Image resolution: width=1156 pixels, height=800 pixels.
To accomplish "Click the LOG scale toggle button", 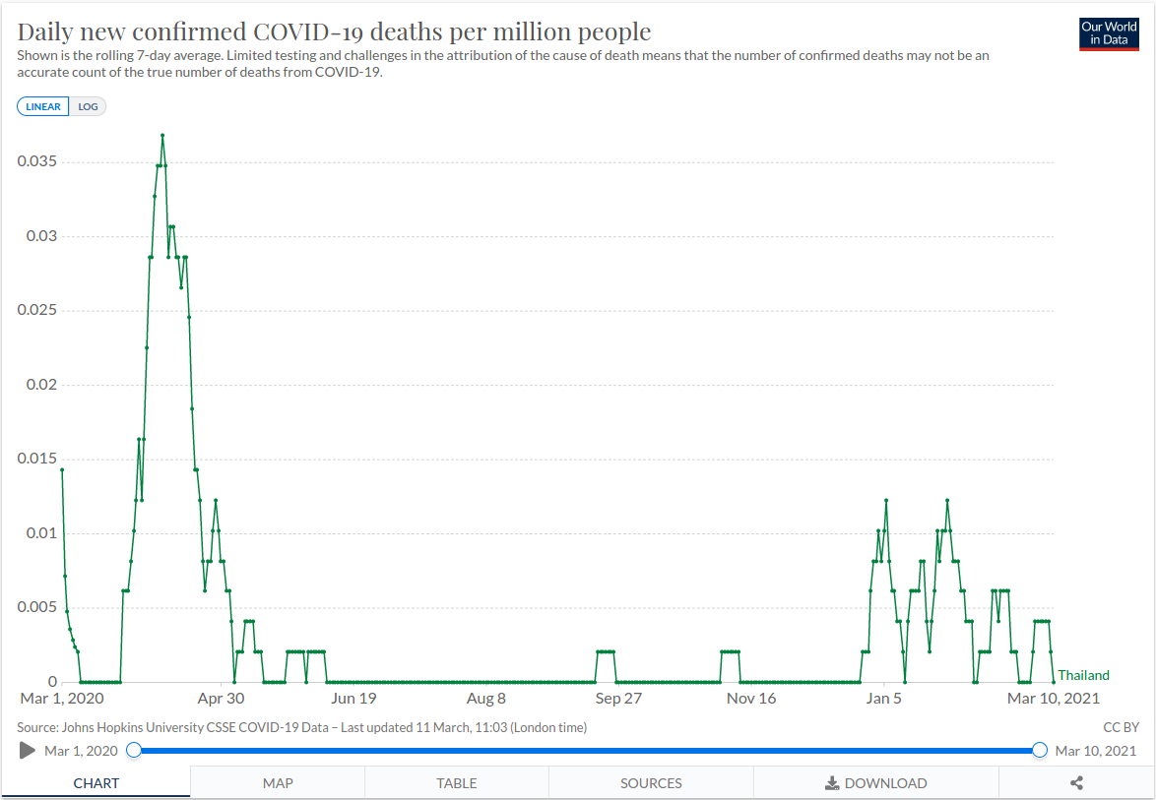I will pos(88,106).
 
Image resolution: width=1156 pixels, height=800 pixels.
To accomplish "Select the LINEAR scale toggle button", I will pos(43,106).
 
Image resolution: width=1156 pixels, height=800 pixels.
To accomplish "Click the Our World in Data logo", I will pos(1109,33).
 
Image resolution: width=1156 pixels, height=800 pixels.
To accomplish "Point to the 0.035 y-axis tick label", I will pos(37,161).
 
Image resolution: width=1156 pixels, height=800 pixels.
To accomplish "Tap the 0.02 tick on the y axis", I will pos(41,385).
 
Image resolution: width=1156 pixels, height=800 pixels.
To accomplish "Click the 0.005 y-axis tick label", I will pos(37,607).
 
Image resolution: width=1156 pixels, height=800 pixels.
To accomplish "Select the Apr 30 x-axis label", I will pos(221,699).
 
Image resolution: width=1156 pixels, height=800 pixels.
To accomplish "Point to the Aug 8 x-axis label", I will pos(485,699).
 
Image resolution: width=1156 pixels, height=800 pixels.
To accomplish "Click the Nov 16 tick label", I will pos(751,699).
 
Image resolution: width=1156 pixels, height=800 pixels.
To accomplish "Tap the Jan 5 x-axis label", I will pos(883,699).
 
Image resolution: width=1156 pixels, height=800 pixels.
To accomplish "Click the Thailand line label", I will pos(1083,675).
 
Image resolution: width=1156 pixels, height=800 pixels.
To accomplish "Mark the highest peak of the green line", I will pos(162,135).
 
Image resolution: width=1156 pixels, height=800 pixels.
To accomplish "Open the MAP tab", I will pos(278,783).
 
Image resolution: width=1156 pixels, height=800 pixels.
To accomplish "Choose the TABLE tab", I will pos(457,783).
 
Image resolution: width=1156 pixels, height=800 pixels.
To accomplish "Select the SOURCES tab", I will pos(651,783).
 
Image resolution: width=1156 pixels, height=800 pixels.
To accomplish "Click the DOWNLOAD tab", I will pos(875,783).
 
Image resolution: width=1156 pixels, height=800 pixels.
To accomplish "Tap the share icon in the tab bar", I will pos(1076,783).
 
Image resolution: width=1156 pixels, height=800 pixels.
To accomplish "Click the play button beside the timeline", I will pos(28,751).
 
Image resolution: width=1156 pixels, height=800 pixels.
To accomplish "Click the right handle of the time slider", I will pos(1039,751).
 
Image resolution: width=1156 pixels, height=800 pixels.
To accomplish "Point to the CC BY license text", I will pos(1122,727).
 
